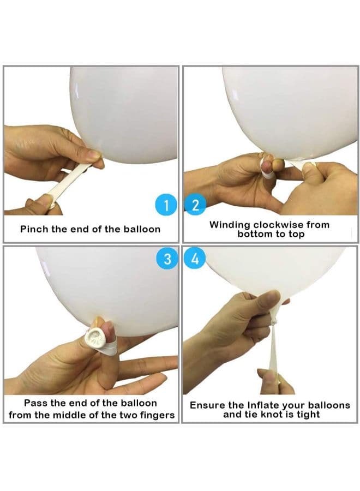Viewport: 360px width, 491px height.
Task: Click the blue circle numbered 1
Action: point(166,205)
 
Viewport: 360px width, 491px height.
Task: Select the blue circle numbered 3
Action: point(167,259)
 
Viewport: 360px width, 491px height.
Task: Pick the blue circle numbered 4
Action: point(195,259)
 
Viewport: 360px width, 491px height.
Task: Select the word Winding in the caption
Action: point(230,225)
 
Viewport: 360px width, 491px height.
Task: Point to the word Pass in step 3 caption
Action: point(35,403)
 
